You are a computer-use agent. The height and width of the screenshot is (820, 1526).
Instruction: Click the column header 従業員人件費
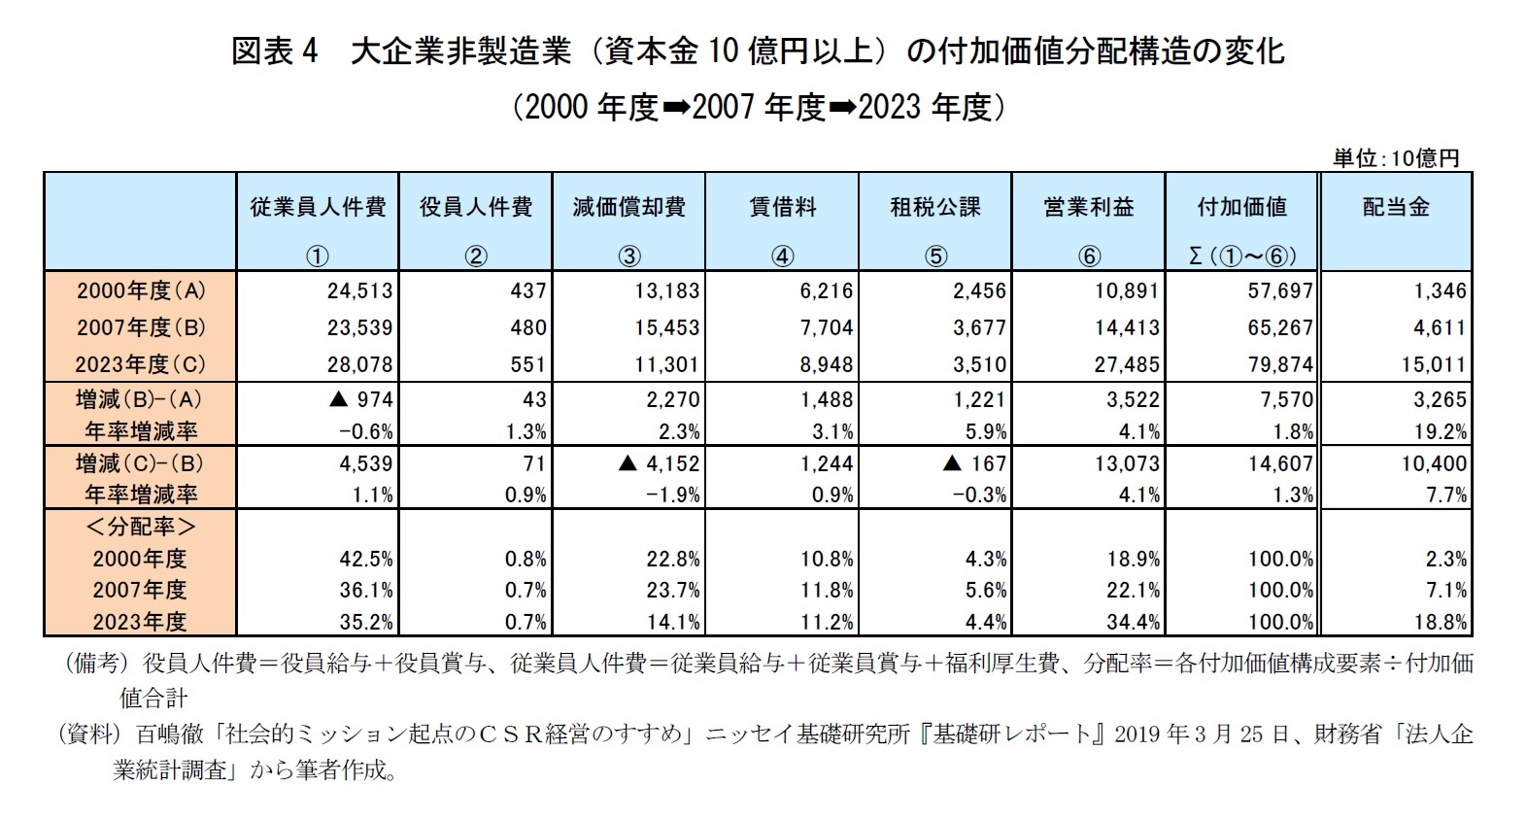tap(317, 207)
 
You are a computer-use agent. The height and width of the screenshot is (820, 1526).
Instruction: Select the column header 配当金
tap(1396, 207)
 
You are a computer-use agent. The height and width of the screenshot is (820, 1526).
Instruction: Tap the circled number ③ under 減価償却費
tap(628, 256)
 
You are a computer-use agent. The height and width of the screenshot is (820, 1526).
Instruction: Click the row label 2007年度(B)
tap(141, 327)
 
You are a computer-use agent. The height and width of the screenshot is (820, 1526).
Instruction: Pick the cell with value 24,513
tap(359, 290)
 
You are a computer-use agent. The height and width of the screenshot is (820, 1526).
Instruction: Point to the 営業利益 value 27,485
tap(1127, 364)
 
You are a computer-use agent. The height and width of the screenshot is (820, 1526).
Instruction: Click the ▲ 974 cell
tap(359, 399)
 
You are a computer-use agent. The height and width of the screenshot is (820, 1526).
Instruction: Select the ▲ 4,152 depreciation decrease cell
tap(659, 463)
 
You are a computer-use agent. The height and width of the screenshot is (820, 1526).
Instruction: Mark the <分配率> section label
tap(141, 528)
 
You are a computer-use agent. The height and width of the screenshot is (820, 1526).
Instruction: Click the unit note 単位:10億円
tap(1396, 158)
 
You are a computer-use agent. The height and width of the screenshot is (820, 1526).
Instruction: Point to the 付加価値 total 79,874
tap(1279, 364)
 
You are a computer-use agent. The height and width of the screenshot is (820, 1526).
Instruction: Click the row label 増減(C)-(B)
tap(141, 463)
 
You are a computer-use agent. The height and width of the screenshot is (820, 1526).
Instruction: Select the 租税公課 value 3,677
tap(979, 327)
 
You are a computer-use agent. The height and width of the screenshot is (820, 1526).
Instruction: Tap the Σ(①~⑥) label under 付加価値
tap(1241, 256)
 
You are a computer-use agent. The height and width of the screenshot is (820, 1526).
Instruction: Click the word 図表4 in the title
tap(275, 51)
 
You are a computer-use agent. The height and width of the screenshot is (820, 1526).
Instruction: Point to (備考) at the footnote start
tap(95, 664)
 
